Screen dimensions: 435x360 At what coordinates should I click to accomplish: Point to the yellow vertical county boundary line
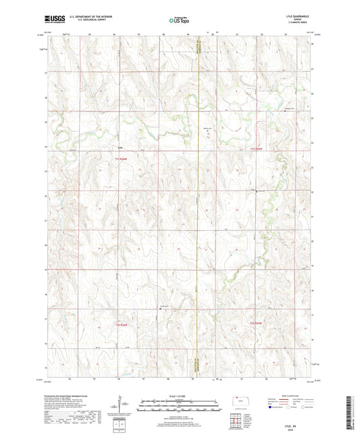[x=199, y=203]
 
